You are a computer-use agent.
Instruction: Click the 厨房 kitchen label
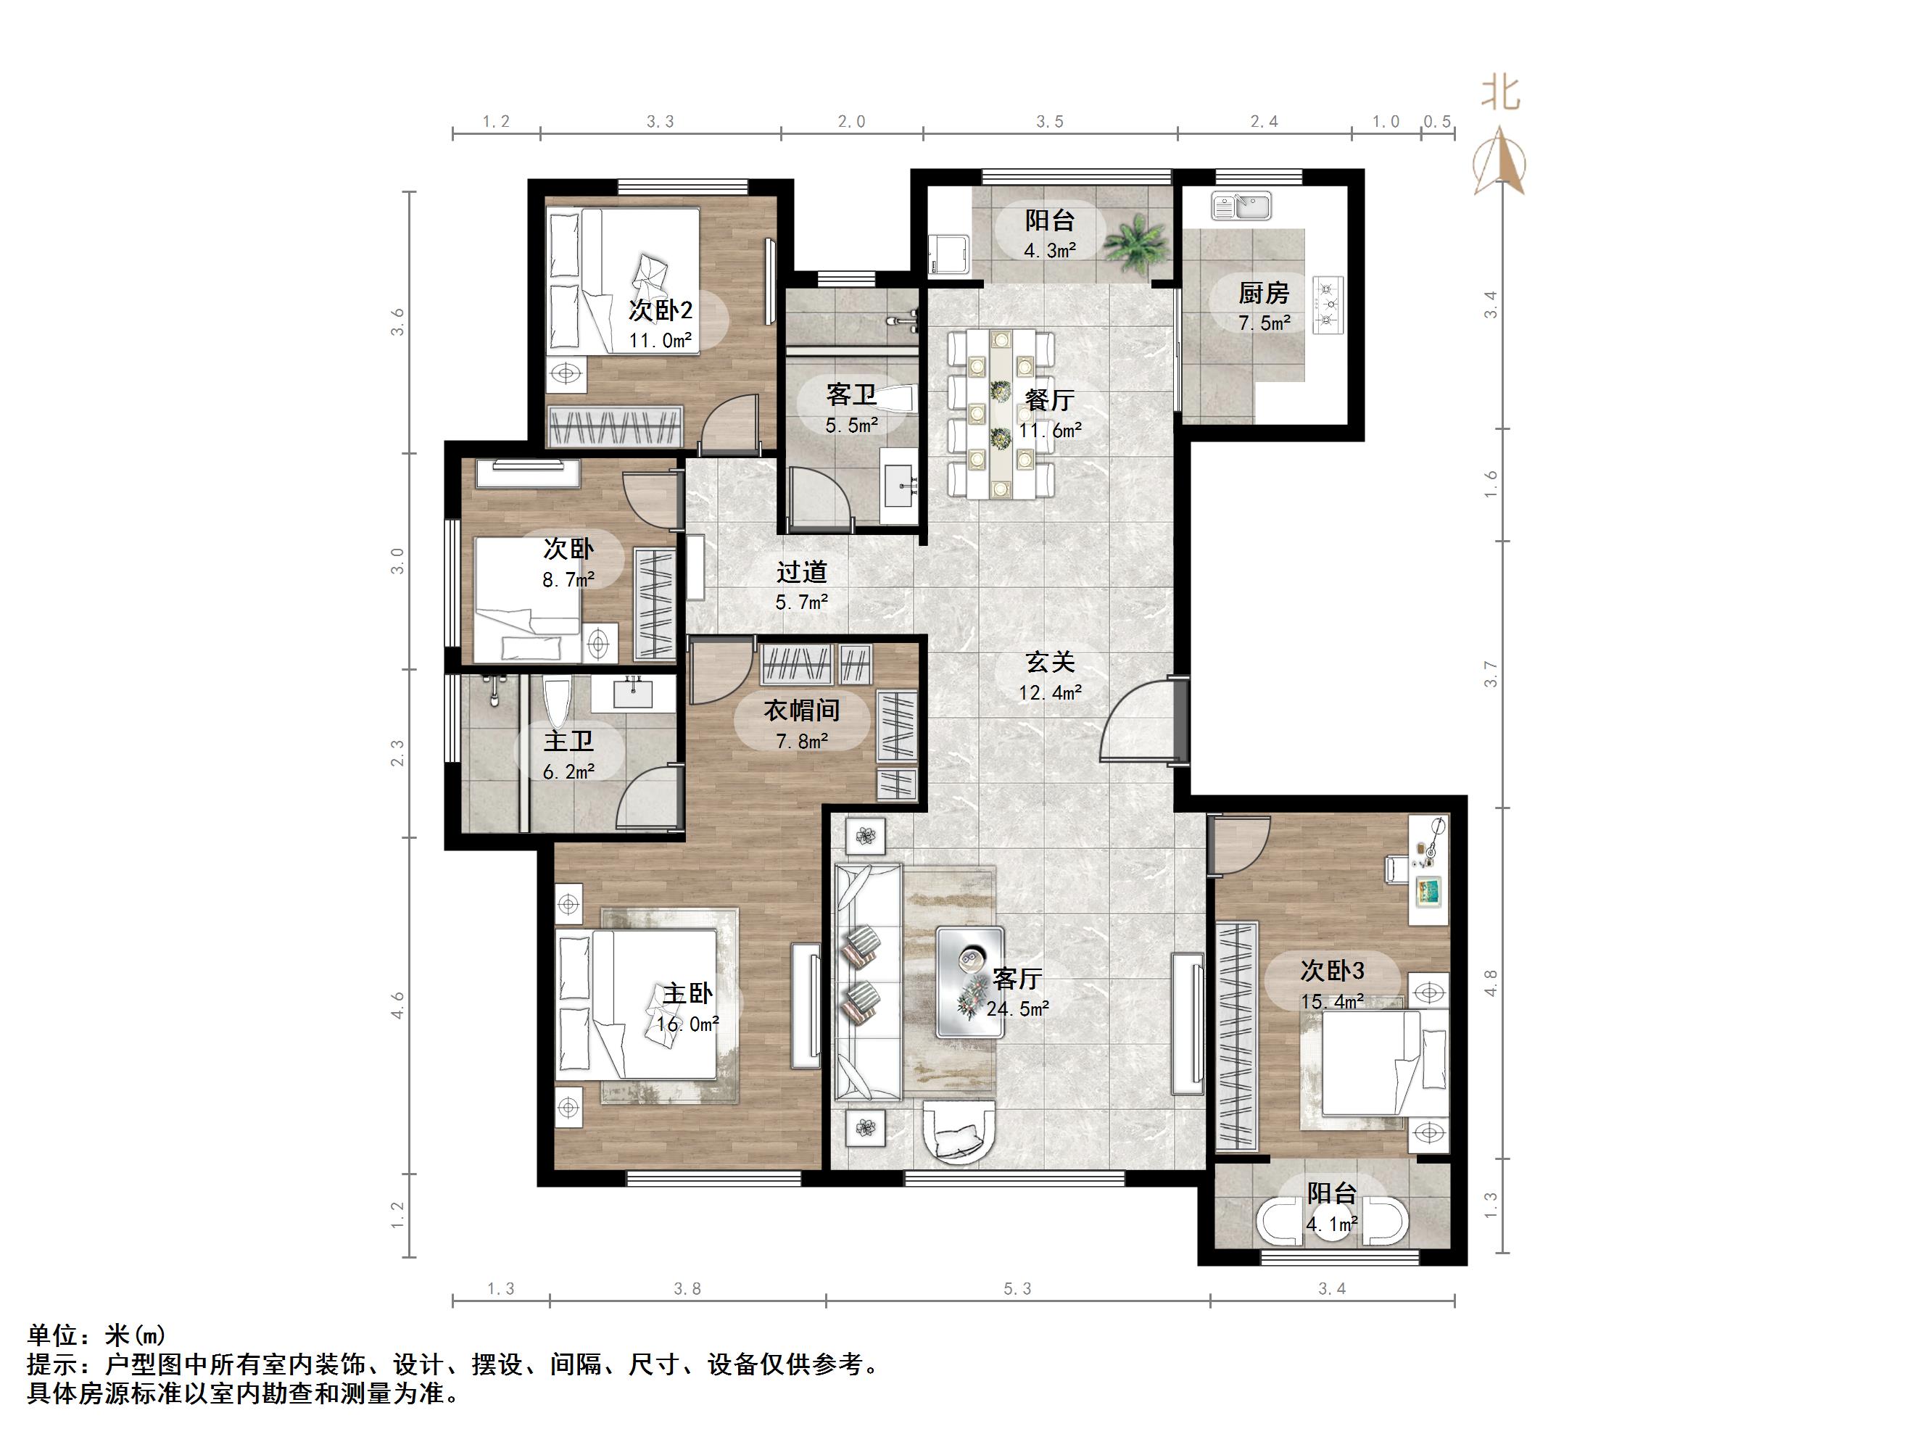point(1263,294)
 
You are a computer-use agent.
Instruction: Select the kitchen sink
point(1241,207)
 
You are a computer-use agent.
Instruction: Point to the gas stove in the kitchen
point(1328,304)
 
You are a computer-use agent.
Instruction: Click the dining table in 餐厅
point(1001,414)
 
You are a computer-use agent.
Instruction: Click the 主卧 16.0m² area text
point(688,1024)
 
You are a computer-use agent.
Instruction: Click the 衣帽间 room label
point(801,710)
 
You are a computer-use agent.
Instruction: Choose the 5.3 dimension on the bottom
point(1017,1289)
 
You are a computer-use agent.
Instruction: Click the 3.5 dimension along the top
point(1049,122)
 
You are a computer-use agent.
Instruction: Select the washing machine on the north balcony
point(949,253)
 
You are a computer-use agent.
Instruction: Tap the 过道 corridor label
point(801,572)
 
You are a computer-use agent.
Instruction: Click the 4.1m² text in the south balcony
point(1331,1224)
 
